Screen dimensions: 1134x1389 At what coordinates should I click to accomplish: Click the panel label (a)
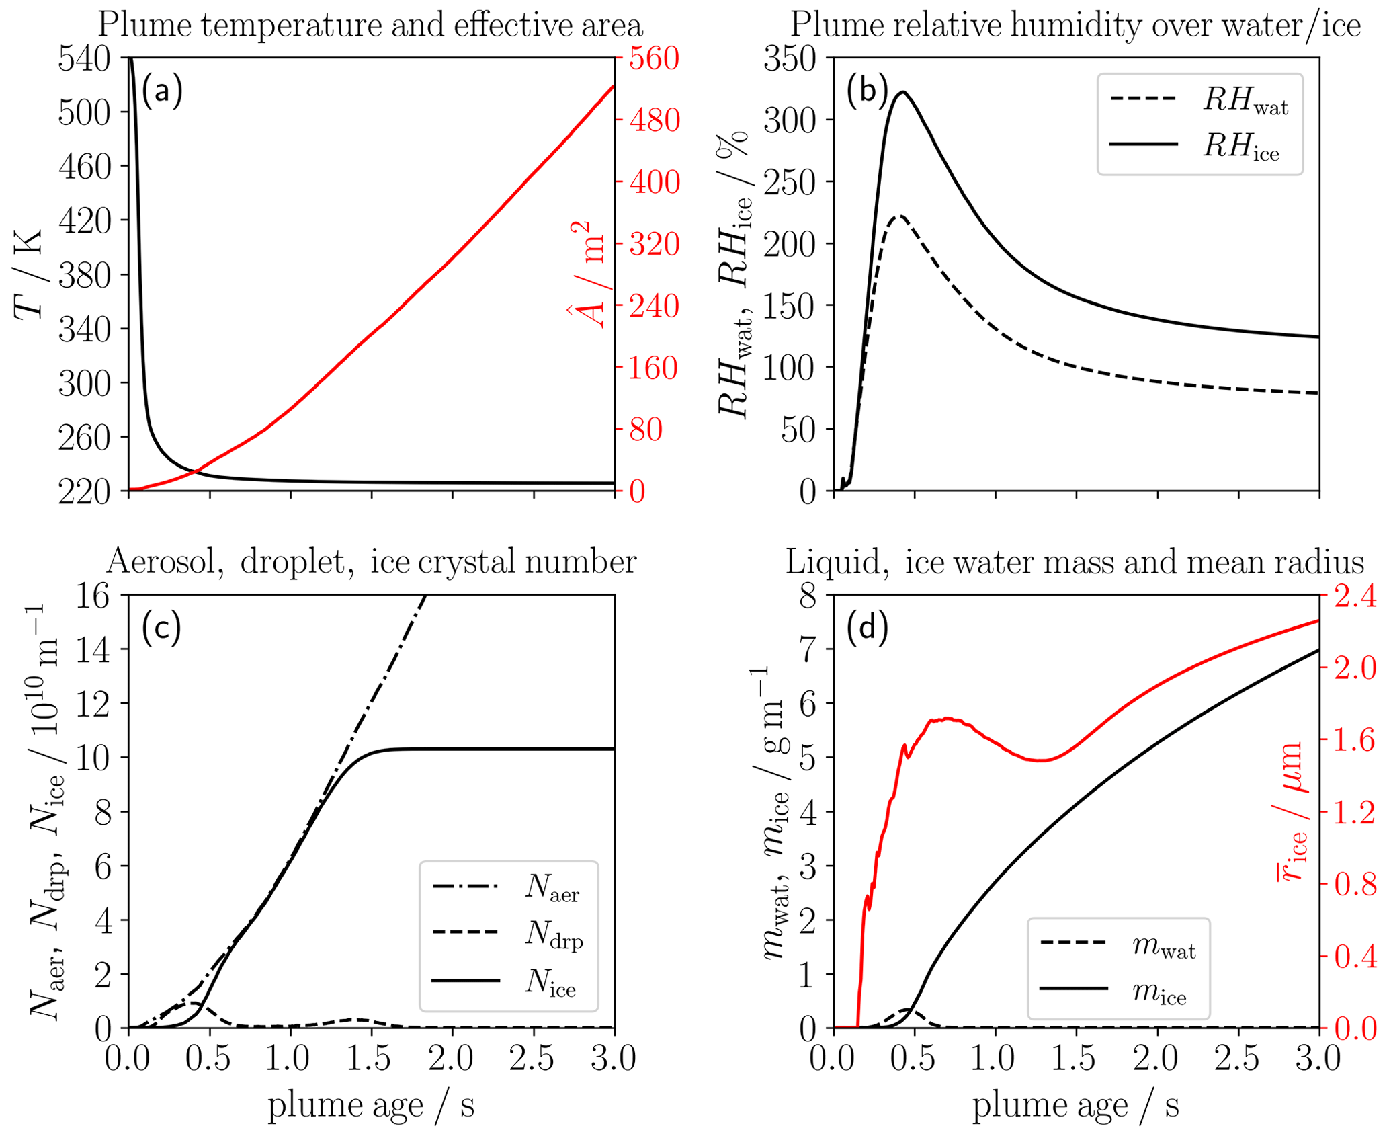tap(161, 91)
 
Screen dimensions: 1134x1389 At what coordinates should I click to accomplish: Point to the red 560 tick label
tap(654, 59)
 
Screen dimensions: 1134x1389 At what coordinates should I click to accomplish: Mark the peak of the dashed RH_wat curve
tap(899, 216)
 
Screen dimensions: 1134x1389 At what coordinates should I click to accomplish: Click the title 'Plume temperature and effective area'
tap(370, 26)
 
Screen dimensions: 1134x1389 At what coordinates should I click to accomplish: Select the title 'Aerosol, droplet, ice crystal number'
tap(370, 562)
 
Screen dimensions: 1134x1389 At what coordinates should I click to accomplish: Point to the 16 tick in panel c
tap(93, 596)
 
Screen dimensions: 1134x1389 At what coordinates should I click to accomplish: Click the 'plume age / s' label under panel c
tap(371, 1105)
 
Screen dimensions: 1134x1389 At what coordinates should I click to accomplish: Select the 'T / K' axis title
tap(28, 274)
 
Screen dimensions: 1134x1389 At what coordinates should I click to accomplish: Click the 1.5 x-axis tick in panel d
tap(1076, 1059)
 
